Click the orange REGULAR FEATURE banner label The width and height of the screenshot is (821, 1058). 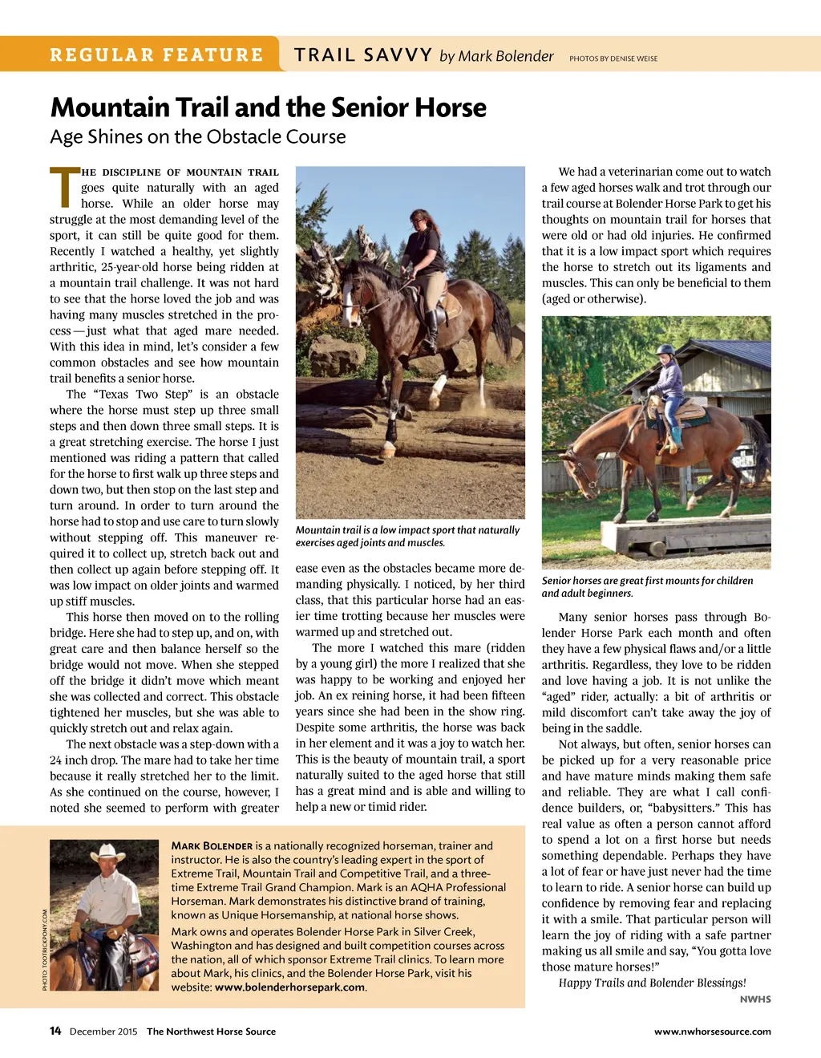(156, 55)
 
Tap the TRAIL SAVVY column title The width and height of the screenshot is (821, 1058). (363, 55)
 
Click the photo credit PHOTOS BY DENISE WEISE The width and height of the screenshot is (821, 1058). (613, 59)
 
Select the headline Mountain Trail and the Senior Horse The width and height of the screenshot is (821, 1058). (269, 107)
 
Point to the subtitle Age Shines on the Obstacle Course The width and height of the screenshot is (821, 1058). (198, 137)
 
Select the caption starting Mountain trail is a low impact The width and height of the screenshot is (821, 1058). (407, 536)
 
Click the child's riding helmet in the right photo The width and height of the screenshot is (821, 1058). (665, 351)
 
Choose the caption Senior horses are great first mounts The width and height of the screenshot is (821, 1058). (647, 586)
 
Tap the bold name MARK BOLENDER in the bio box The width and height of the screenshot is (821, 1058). (212, 845)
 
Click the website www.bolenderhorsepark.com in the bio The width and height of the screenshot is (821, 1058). (289, 987)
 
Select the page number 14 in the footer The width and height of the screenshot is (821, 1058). (55, 1031)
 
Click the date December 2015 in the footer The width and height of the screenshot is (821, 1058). (103, 1032)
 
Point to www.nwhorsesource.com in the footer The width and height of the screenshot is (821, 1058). (712, 1032)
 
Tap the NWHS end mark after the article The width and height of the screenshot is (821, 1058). (755, 999)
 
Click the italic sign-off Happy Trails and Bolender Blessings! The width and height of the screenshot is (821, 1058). (652, 983)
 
